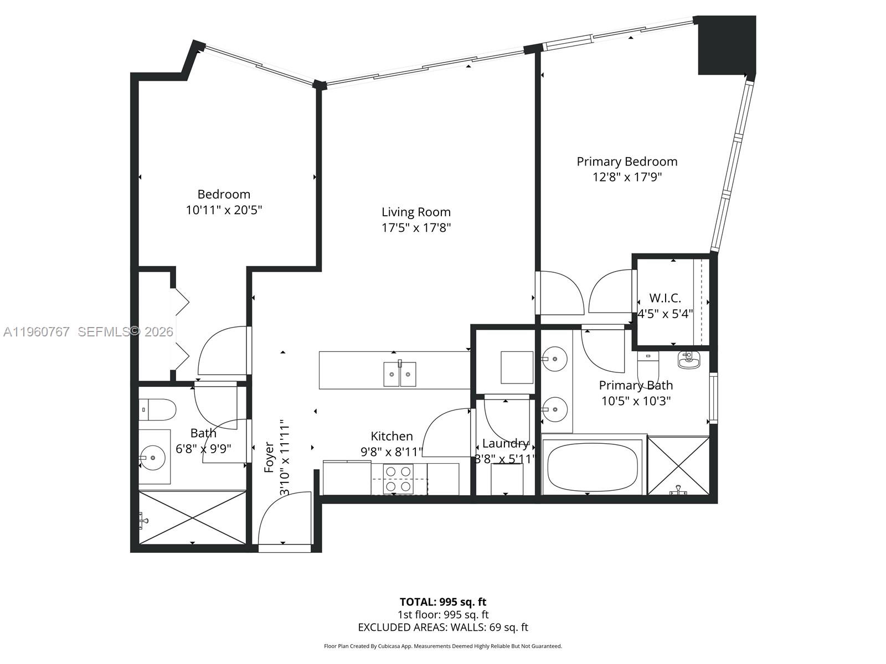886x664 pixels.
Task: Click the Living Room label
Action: coord(416,212)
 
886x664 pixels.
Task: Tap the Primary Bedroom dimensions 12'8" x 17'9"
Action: coord(627,177)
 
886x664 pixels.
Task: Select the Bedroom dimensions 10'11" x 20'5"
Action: coord(224,210)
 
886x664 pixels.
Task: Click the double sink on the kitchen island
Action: coord(400,374)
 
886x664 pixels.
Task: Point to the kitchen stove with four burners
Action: coord(399,479)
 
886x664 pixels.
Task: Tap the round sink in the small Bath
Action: coord(152,458)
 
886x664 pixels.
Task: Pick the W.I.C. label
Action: coord(664,298)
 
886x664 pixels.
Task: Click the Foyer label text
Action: coord(269,456)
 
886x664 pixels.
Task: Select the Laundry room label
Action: coord(504,443)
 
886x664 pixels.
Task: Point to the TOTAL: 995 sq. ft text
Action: coord(443,602)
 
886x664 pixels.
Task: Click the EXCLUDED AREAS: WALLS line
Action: coord(443,627)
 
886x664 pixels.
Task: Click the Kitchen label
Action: coord(392,436)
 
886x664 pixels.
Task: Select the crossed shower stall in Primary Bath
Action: coord(678,465)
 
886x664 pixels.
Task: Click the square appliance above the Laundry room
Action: coord(517,367)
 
